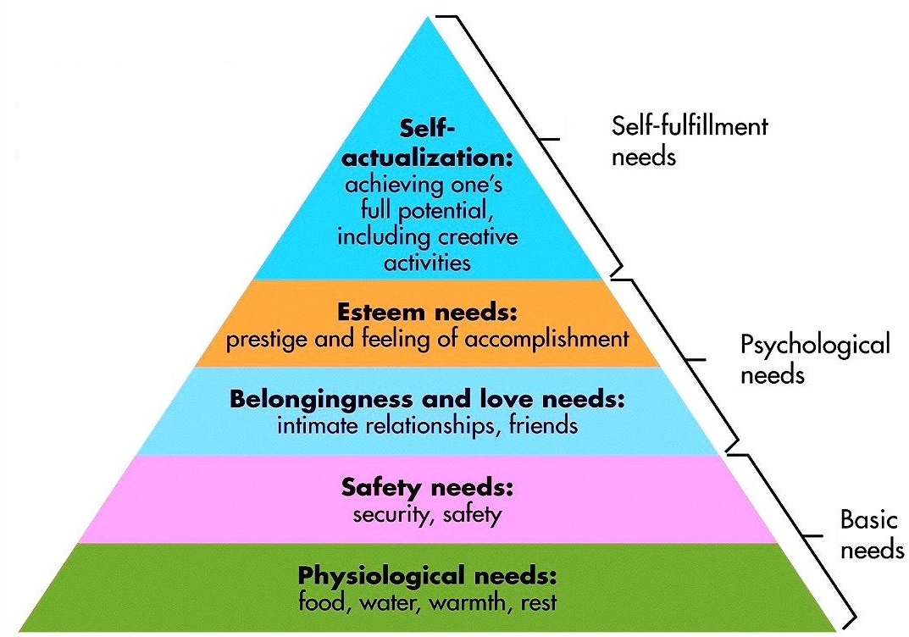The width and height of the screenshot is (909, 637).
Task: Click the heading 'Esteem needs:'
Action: point(427,314)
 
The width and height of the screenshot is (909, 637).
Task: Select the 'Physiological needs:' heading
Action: point(427,577)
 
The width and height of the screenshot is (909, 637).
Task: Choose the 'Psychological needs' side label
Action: point(815,359)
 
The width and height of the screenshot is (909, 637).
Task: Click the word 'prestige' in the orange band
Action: point(259,340)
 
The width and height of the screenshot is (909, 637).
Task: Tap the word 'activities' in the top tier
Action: point(427,262)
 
